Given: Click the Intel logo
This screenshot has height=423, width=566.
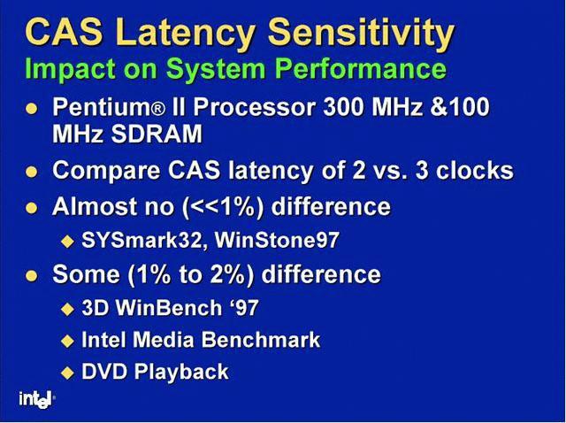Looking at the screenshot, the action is [x=36, y=399].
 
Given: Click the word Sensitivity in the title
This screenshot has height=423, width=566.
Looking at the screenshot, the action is [x=361, y=34].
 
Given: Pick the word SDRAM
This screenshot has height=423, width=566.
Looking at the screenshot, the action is [x=157, y=135].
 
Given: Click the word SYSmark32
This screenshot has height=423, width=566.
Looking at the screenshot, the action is [x=141, y=240].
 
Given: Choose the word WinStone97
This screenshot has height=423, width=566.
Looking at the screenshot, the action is [x=277, y=240].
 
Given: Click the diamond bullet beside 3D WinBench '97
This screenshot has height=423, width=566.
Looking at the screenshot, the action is [x=67, y=309].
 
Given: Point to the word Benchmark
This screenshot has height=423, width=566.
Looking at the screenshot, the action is [x=261, y=340].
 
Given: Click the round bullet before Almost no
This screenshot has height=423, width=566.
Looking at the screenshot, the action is [x=32, y=208].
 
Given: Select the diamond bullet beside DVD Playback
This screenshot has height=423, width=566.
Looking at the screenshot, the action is [x=67, y=373].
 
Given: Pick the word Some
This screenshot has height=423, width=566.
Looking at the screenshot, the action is [x=86, y=273].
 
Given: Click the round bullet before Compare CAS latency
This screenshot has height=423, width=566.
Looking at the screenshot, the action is [x=32, y=171].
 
